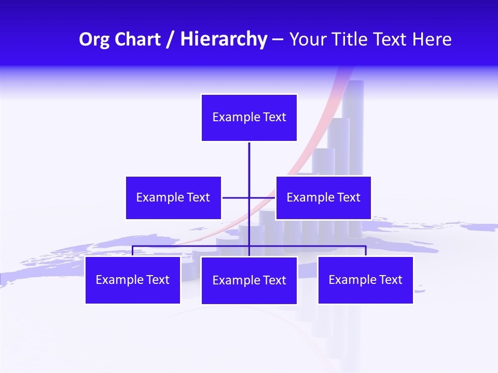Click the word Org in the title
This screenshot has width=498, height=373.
coord(95,39)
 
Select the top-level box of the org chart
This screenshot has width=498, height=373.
coord(249,118)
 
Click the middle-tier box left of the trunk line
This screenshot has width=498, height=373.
coord(173,198)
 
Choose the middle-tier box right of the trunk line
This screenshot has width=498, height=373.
coord(323,198)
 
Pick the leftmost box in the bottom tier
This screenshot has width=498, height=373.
coord(132,280)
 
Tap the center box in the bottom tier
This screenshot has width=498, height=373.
coord(249,281)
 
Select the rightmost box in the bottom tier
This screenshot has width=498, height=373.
coord(365,280)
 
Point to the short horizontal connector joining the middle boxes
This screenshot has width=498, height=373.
coord(236,198)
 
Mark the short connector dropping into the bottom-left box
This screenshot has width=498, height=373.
coord(132,251)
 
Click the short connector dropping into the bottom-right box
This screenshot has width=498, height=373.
coord(366,251)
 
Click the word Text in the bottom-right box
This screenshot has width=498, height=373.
coord(391,280)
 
